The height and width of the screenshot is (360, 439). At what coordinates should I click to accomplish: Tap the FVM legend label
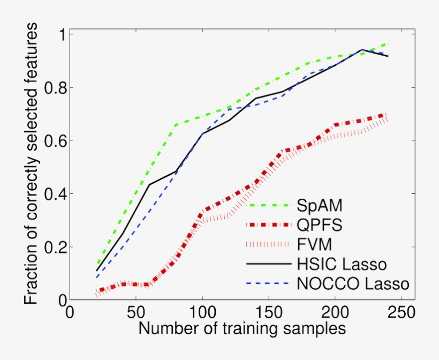(x=313, y=244)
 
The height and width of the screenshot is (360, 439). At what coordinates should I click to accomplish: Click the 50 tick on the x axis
(x=135, y=311)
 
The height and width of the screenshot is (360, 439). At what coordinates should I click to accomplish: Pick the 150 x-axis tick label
(x=268, y=311)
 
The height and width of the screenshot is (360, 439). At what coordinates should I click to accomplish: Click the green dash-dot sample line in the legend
(x=267, y=206)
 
